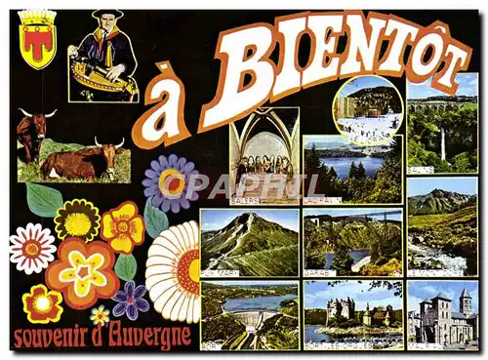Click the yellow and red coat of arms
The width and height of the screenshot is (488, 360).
[38, 39]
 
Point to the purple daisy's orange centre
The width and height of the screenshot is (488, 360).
[172, 182]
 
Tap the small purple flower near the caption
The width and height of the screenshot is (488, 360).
[130, 300]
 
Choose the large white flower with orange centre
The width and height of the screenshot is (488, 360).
[177, 270]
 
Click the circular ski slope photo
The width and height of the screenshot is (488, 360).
[367, 110]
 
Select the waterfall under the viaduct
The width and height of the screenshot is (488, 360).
[442, 146]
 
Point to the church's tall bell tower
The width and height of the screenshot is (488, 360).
[466, 302]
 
